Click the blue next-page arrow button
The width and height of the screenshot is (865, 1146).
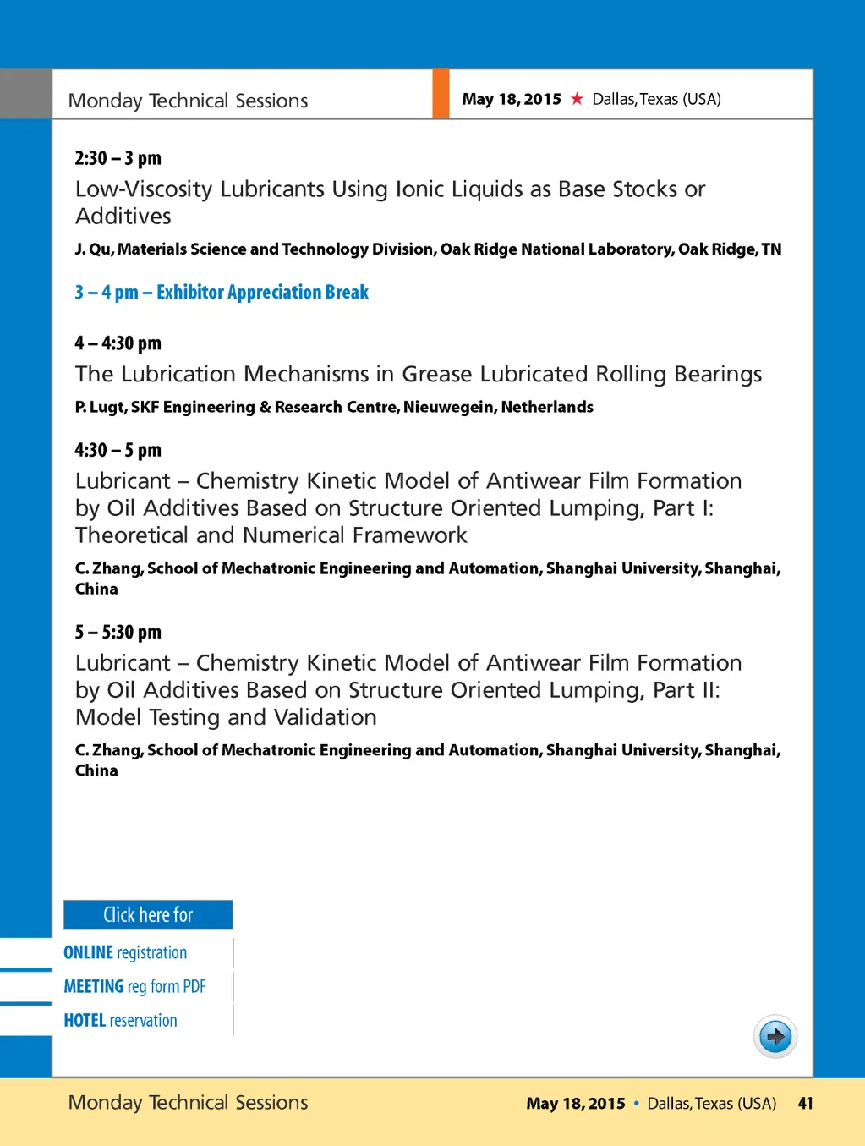(x=775, y=1036)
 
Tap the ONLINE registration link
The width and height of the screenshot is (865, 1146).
(x=125, y=952)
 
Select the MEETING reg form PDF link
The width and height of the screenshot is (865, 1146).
(x=134, y=986)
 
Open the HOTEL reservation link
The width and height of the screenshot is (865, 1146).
(x=120, y=1020)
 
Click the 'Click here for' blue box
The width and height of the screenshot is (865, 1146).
(x=148, y=914)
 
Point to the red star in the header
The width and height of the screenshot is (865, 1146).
(x=577, y=99)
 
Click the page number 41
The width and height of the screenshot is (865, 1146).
(x=805, y=1103)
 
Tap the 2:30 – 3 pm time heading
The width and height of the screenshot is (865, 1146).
(x=118, y=158)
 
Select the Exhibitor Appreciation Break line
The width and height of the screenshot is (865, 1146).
(x=222, y=292)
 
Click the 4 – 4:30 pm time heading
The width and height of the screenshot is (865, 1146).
(x=118, y=343)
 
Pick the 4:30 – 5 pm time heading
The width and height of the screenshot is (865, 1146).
(x=118, y=449)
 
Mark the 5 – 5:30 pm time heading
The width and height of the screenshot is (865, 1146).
(x=118, y=632)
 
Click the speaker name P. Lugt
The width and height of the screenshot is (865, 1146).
(x=100, y=407)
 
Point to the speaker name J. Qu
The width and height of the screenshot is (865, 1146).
(x=93, y=249)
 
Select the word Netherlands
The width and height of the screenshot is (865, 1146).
(x=547, y=407)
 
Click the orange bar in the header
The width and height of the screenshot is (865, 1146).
(x=441, y=94)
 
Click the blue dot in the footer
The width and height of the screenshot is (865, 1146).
(x=636, y=1103)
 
